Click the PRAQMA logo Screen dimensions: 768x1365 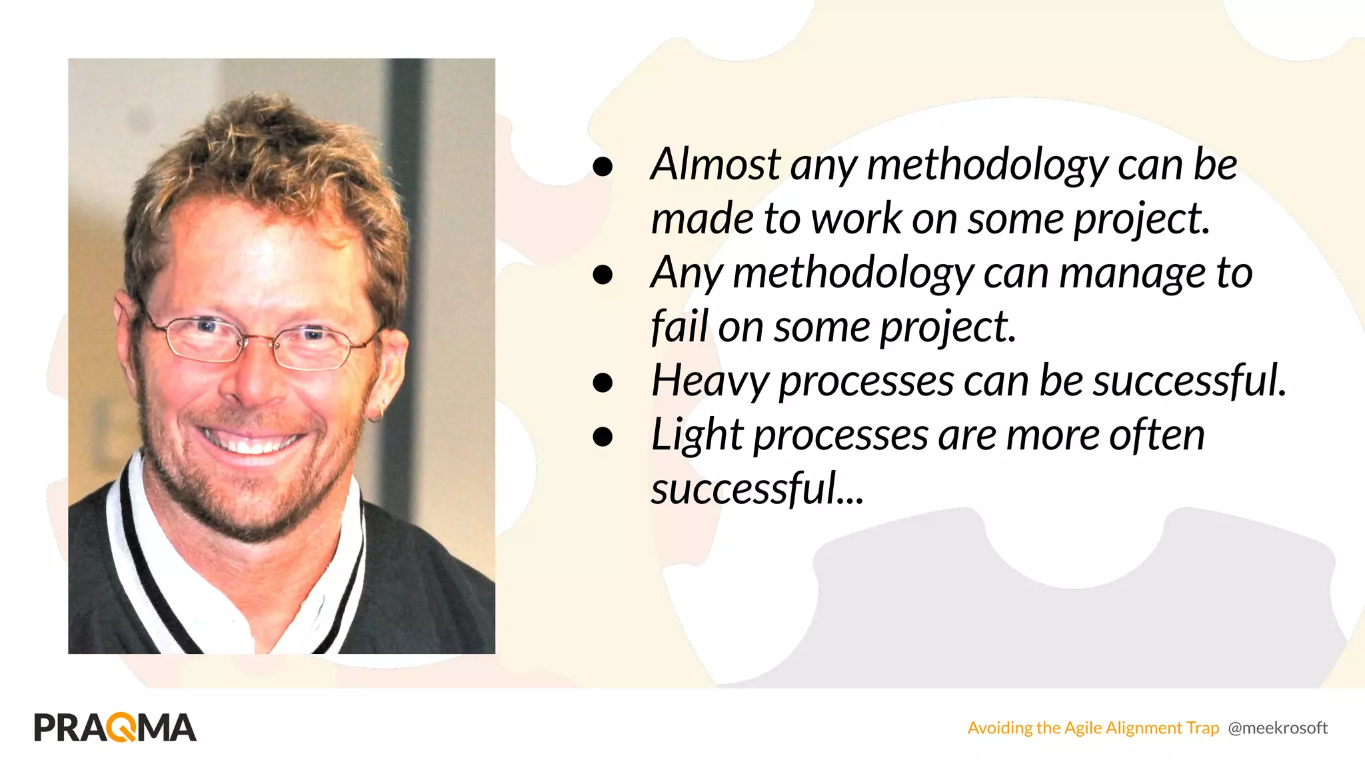click(115, 727)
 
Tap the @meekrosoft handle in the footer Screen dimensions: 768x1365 click(1277, 728)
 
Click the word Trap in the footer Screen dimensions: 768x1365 click(1202, 728)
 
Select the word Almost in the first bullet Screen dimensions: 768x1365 click(715, 164)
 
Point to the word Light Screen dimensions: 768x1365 click(696, 436)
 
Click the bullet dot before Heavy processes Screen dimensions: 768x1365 click(603, 383)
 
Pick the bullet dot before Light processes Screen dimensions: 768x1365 click(603, 437)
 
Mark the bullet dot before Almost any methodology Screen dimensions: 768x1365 click(603, 166)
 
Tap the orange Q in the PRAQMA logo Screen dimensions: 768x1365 click(121, 727)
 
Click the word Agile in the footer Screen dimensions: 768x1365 click(1082, 728)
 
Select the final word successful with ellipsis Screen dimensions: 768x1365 click(756, 489)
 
